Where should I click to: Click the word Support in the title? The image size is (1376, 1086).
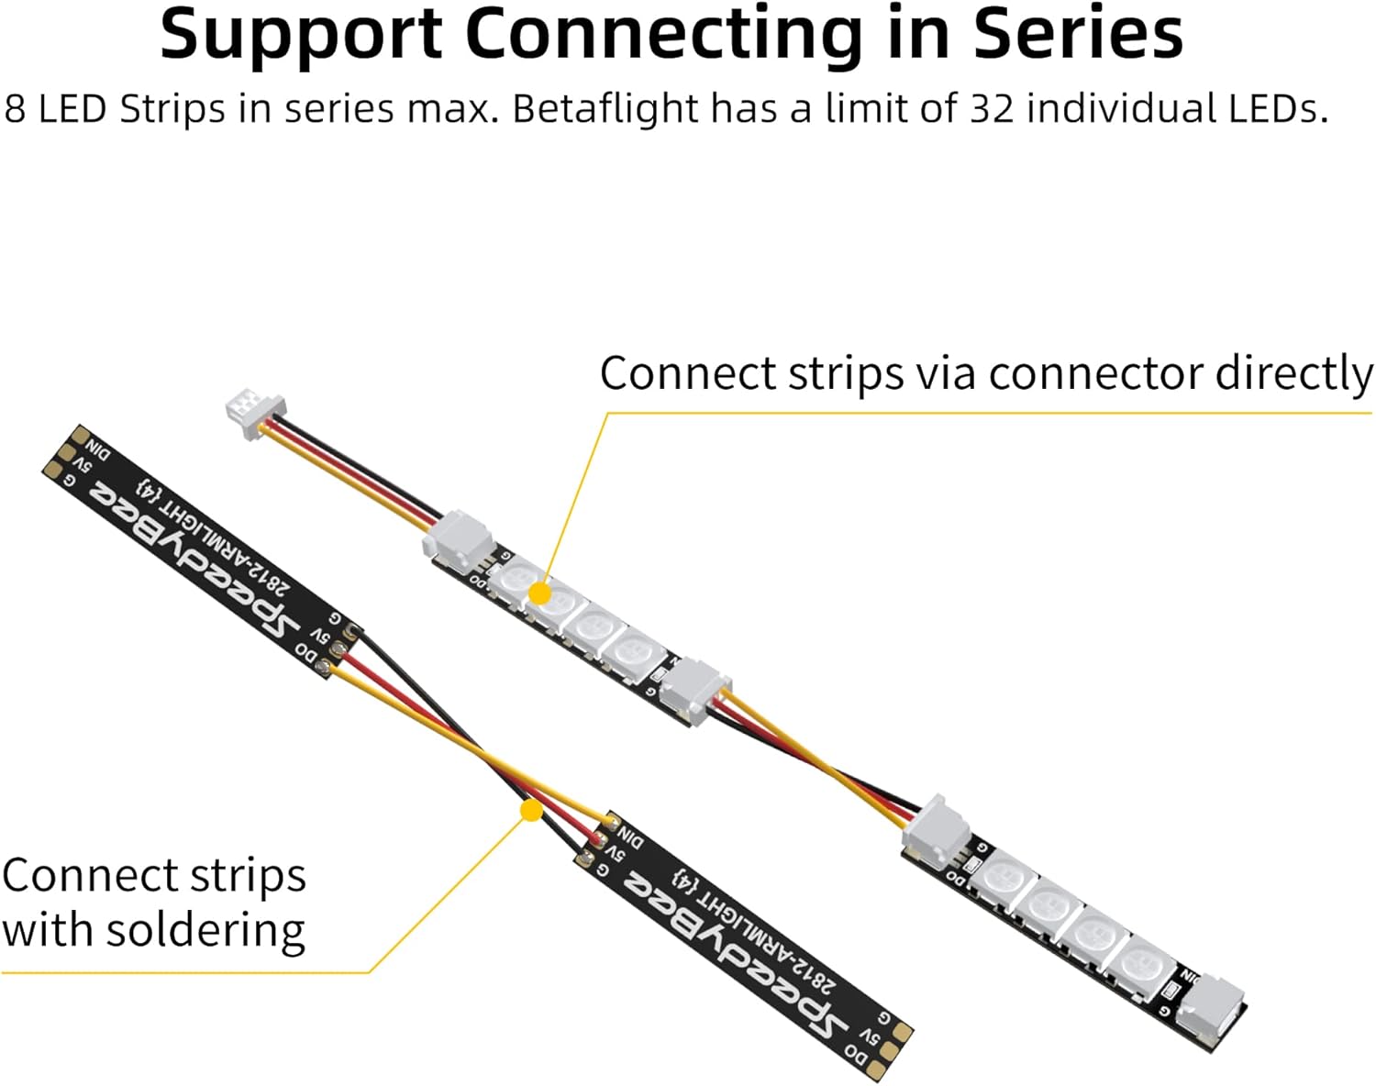[x=302, y=34]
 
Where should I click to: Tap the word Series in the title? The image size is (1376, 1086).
[x=1077, y=34]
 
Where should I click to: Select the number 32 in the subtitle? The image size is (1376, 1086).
[x=992, y=109]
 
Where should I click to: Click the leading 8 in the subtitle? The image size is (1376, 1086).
[x=15, y=109]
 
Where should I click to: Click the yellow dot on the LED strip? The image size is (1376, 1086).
[x=540, y=593]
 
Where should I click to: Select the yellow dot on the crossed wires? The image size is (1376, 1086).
[x=530, y=810]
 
